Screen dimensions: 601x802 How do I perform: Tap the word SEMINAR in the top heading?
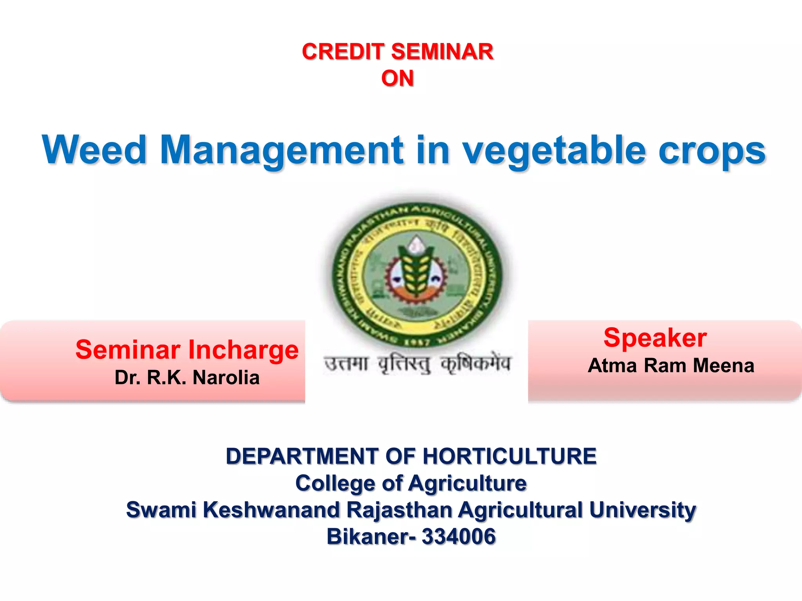pyautogui.click(x=442, y=52)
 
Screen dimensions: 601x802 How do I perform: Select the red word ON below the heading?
pyautogui.click(x=397, y=78)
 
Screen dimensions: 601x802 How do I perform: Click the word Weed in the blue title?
pyautogui.click(x=94, y=150)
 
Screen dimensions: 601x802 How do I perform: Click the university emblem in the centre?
pyautogui.click(x=417, y=274)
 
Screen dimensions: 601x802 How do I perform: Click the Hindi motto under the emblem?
pyautogui.click(x=417, y=364)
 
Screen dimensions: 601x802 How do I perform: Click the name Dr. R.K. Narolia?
pyautogui.click(x=187, y=378)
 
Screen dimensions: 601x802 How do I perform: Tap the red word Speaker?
pyautogui.click(x=655, y=338)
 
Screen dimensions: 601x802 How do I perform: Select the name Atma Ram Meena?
pyautogui.click(x=671, y=366)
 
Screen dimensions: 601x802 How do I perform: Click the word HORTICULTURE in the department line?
pyautogui.click(x=509, y=456)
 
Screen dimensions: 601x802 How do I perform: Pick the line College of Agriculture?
pyautogui.click(x=411, y=483)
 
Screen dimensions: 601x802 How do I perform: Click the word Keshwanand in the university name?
pyautogui.click(x=271, y=510)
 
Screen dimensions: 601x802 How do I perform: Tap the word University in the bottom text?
pyautogui.click(x=642, y=510)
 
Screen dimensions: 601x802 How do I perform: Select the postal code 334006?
pyautogui.click(x=459, y=536)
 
